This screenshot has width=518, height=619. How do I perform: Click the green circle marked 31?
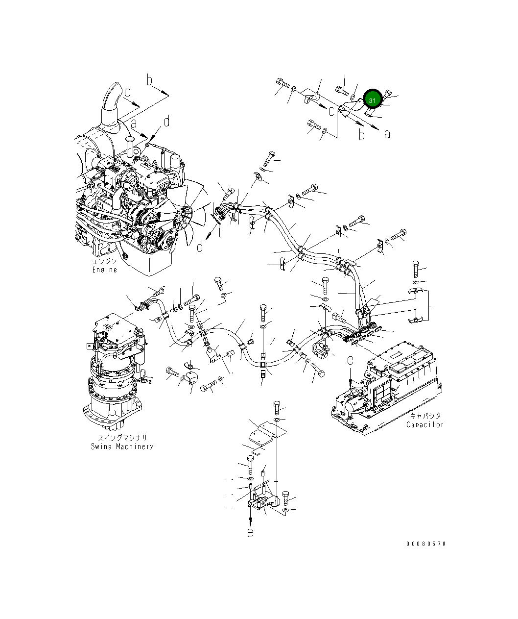373,100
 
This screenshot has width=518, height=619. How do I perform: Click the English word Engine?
105,270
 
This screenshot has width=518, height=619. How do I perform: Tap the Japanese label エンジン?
105,262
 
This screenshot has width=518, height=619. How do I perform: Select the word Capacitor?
424,424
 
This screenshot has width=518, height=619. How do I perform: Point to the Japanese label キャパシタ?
425,416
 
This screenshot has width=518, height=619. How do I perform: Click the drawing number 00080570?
425,544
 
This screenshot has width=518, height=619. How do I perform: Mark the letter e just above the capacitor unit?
350,360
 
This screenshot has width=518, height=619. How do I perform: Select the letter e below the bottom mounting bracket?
250,533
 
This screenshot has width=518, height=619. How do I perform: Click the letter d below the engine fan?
200,247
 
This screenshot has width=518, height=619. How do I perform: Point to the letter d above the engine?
166,121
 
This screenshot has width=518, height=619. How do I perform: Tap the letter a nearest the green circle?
387,133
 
